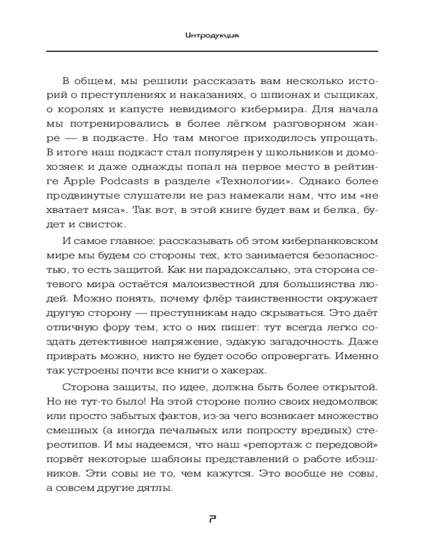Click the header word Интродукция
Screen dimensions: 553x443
click(212, 34)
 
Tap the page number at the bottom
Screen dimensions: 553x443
click(212, 519)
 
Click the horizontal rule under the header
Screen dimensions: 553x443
click(212, 51)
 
